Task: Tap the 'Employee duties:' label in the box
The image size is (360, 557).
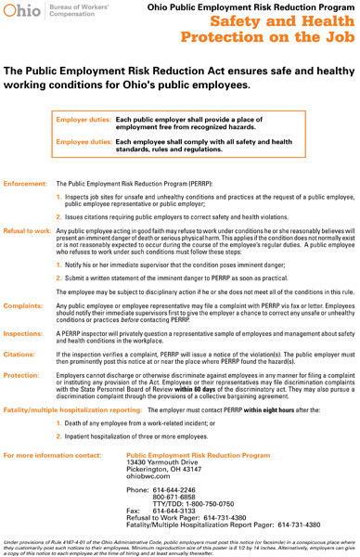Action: [84, 141]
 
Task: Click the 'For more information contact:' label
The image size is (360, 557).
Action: [52, 455]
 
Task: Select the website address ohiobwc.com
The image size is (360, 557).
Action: [147, 476]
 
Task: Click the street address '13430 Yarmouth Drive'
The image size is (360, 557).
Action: [161, 462]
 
